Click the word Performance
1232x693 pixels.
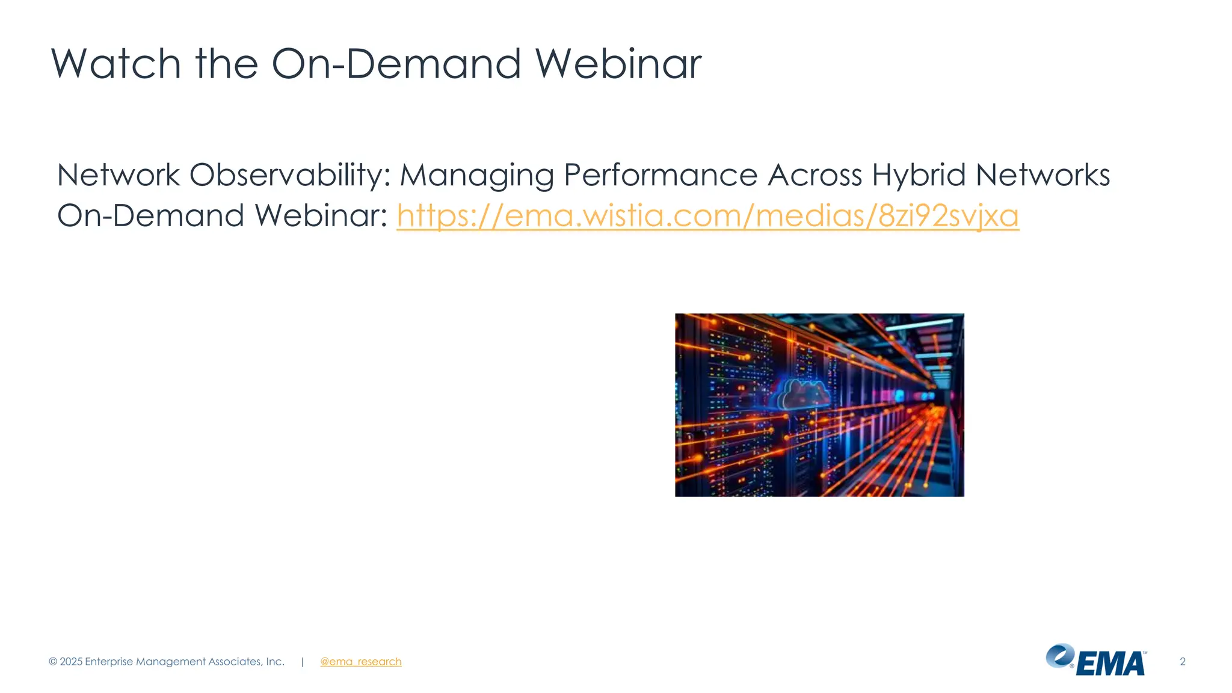pyautogui.click(x=660, y=176)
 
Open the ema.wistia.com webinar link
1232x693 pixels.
pyautogui.click(x=707, y=216)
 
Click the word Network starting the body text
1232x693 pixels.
pyautogui.click(x=119, y=176)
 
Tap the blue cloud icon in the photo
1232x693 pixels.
pyautogui.click(x=803, y=394)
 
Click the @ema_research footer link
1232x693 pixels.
pyautogui.click(x=360, y=662)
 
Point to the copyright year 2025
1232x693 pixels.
pyautogui.click(x=71, y=662)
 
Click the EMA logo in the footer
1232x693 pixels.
pyautogui.click(x=1096, y=661)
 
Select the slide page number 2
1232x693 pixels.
pyautogui.click(x=1182, y=662)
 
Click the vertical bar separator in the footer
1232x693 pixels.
pyautogui.click(x=302, y=662)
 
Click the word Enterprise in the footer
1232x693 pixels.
pyautogui.click(x=109, y=662)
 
